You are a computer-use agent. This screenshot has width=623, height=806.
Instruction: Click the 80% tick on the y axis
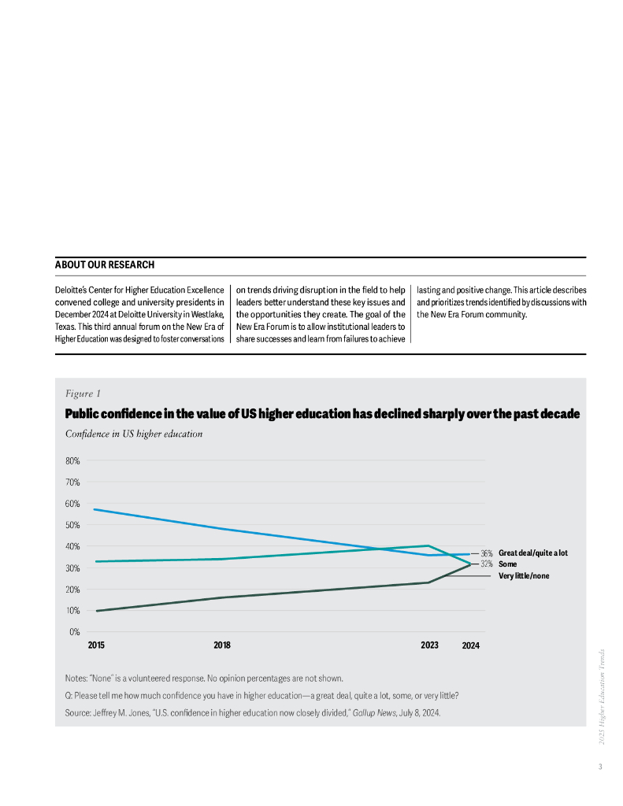coord(72,460)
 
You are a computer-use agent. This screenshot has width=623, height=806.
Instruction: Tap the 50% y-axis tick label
coord(72,525)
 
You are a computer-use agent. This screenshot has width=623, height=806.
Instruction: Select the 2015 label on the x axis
coord(97,645)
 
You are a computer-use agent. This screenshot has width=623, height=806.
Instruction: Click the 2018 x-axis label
coord(222,645)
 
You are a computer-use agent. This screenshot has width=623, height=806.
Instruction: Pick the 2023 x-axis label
coord(429,645)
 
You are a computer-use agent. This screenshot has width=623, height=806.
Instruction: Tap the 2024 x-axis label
coord(470,645)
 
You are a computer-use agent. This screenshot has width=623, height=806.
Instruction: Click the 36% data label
coord(487,554)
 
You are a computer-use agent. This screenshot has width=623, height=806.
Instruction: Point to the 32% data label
coord(487,564)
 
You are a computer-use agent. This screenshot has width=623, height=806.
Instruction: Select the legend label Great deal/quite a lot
coord(533,553)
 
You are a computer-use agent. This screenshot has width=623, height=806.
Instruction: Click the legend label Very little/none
coord(524,576)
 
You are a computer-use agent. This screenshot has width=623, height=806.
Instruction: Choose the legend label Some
coord(508,564)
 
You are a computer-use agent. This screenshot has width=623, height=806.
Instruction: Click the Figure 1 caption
coord(83,394)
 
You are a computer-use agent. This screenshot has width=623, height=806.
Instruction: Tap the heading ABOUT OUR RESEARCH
coord(105,265)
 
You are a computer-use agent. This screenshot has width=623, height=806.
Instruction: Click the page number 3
coord(600,767)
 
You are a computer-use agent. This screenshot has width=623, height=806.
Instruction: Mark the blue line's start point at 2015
coord(95,509)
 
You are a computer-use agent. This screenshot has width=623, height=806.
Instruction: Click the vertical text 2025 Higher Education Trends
coord(603,697)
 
